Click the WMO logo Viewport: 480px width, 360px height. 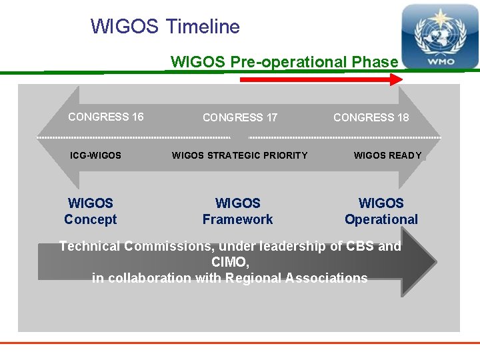point(439,37)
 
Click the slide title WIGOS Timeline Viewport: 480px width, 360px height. point(165,27)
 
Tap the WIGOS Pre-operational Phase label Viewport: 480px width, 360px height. point(284,62)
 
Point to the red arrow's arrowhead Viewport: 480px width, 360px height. point(397,79)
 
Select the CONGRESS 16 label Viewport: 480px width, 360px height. point(105,117)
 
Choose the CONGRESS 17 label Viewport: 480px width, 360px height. point(239,117)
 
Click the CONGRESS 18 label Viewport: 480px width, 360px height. point(371,117)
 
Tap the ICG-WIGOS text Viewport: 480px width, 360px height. point(95,155)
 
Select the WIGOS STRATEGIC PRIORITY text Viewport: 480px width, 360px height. point(239,155)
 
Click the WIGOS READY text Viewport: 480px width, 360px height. point(387,155)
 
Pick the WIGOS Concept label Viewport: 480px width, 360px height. point(90,211)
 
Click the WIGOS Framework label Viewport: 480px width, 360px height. point(237,211)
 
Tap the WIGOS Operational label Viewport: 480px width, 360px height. point(381,211)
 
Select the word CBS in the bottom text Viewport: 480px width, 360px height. point(360,246)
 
